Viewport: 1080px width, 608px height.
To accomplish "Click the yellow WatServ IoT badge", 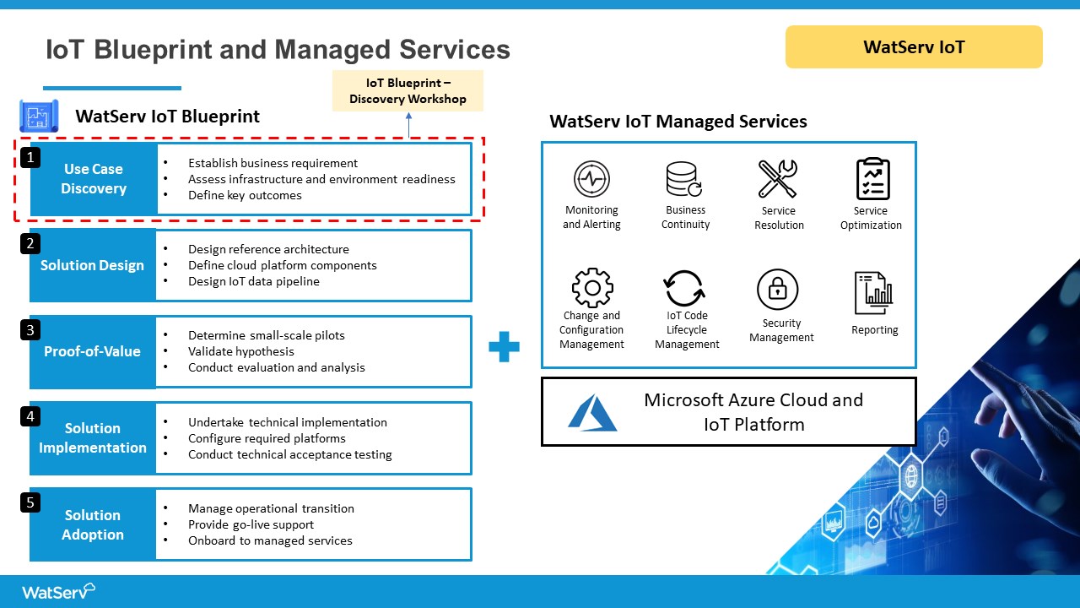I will point(914,46).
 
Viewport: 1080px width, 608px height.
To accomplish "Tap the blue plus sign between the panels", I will point(505,347).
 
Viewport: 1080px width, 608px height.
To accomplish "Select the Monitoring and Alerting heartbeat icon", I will point(591,179).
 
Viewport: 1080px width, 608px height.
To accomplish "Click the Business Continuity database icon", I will point(684,179).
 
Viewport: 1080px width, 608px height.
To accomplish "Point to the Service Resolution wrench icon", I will point(778,179).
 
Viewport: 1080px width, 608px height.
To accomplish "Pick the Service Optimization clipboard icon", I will point(872,179).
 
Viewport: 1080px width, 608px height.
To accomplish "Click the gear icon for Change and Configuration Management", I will point(592,288).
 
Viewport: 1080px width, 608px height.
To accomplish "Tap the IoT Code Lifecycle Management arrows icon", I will point(684,289).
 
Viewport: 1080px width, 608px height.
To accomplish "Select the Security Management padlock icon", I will point(778,290).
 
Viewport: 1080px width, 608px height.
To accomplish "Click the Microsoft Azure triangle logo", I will point(592,412).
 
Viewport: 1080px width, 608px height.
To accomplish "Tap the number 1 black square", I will point(30,157).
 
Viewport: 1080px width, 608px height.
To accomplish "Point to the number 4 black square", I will point(30,416).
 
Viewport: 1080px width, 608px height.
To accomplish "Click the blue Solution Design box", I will point(93,265).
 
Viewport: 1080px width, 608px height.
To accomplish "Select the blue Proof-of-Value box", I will point(93,351).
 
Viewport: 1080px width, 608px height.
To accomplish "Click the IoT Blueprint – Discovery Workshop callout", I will point(408,91).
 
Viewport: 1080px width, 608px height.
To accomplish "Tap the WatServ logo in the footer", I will point(58,591).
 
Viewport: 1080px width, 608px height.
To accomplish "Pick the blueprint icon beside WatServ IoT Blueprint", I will point(39,116).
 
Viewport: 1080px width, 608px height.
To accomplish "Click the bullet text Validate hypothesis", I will point(241,351).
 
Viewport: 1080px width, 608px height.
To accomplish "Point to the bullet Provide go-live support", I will point(251,524).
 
